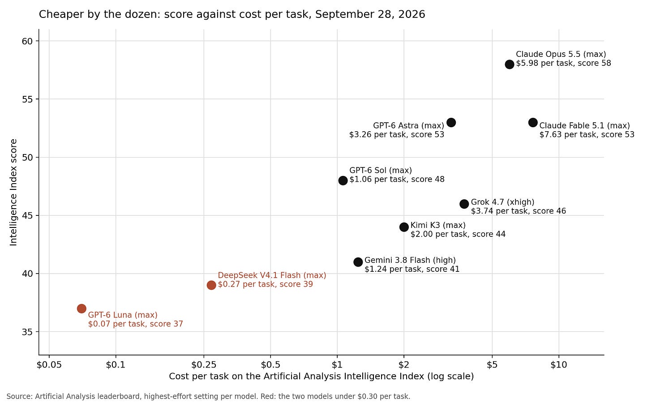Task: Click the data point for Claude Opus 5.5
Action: pyautogui.click(x=510, y=64)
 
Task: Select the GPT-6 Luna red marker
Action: pyautogui.click(x=81, y=309)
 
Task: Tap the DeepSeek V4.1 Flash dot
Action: pyautogui.click(x=211, y=285)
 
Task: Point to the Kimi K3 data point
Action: pyautogui.click(x=404, y=227)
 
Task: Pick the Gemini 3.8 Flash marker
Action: pyautogui.click(x=358, y=262)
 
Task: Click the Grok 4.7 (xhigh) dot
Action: pyautogui.click(x=464, y=204)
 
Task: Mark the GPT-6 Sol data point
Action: pyautogui.click(x=343, y=180)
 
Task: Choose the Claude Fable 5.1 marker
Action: pyautogui.click(x=533, y=123)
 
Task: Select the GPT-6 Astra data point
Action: pyautogui.click(x=451, y=123)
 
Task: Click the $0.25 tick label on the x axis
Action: pyautogui.click(x=204, y=364)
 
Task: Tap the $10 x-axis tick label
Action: pyautogui.click(x=559, y=364)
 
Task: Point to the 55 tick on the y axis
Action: pyautogui.click(x=27, y=99)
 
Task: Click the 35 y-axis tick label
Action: pyautogui.click(x=27, y=332)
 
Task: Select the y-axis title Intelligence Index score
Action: pyautogui.click(x=13, y=193)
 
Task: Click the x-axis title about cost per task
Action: pyautogui.click(x=322, y=376)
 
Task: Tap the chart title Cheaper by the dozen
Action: pyautogui.click(x=232, y=14)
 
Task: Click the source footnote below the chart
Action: pyautogui.click(x=208, y=396)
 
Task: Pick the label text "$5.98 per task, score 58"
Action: pyautogui.click(x=563, y=63)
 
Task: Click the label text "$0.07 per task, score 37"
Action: pyautogui.click(x=136, y=324)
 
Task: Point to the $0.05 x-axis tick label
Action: pyautogui.click(x=49, y=364)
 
